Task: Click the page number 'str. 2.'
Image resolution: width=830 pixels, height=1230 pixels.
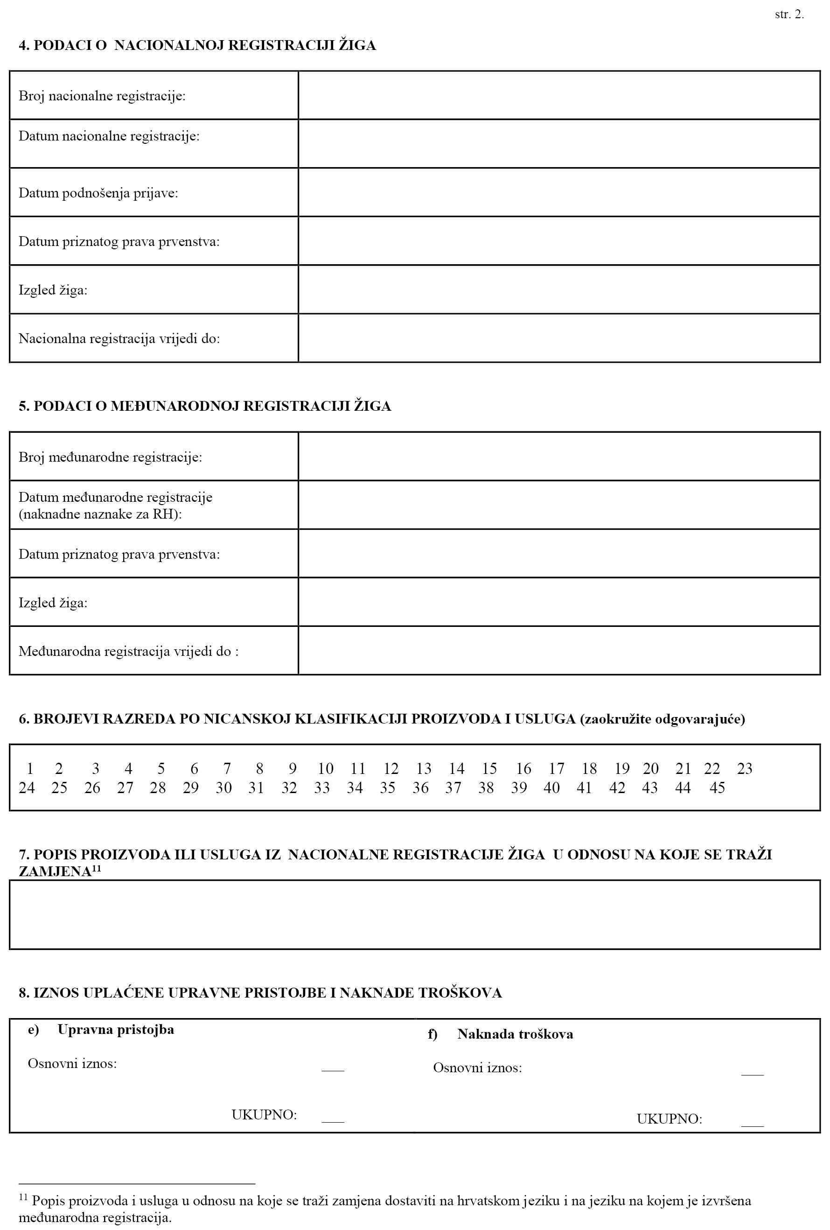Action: click(x=789, y=15)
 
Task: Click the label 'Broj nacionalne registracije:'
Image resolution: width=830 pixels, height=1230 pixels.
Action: click(x=102, y=96)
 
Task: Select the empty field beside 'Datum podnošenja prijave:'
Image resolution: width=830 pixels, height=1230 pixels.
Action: click(x=558, y=192)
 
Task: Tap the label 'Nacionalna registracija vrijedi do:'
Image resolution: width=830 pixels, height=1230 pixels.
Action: click(x=119, y=338)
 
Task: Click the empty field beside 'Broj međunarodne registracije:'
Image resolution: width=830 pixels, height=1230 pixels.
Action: click(x=558, y=456)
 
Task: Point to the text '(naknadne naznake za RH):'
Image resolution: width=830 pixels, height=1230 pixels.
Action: click(x=100, y=514)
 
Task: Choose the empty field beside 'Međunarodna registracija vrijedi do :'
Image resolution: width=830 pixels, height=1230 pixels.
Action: click(x=558, y=650)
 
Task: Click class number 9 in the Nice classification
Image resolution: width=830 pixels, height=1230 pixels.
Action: click(x=293, y=768)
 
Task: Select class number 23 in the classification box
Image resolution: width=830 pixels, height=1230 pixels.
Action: click(x=744, y=768)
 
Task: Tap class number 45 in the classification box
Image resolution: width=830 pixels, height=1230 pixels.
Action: click(x=717, y=788)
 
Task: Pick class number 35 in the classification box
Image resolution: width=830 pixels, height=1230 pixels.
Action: click(x=387, y=788)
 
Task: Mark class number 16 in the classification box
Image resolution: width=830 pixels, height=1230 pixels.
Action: click(x=523, y=768)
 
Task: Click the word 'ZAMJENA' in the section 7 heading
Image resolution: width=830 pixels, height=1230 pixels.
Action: click(x=55, y=872)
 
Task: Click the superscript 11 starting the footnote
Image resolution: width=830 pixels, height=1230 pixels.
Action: click(x=23, y=1197)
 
